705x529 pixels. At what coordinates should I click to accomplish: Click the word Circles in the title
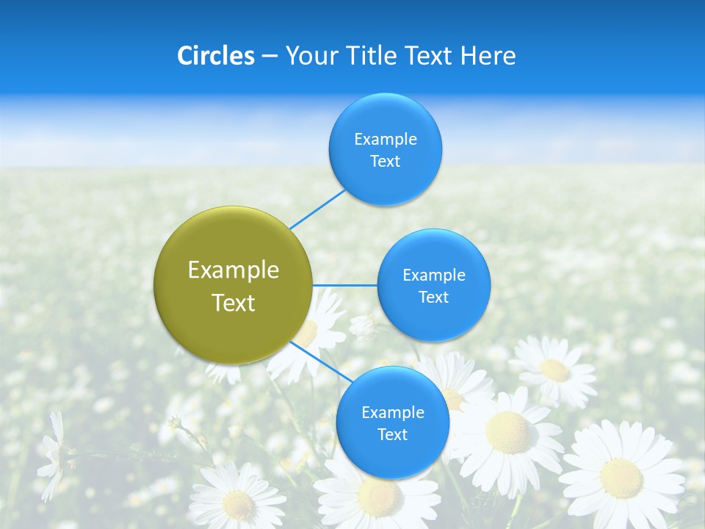pos(216,56)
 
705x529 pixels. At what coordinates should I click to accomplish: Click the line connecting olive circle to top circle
pos(317,208)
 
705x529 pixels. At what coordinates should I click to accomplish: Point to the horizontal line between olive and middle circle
pos(345,285)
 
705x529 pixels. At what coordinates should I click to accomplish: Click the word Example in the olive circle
pos(234,270)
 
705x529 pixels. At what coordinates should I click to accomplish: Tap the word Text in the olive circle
pos(234,303)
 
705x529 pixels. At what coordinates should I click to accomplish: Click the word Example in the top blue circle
pos(386,139)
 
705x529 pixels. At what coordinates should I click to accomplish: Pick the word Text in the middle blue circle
pos(433,298)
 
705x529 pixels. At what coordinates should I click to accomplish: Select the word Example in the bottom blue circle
pos(392,412)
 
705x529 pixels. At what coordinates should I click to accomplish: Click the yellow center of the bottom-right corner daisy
pos(621,478)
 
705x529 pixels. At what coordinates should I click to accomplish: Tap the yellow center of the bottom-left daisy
pos(239,505)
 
